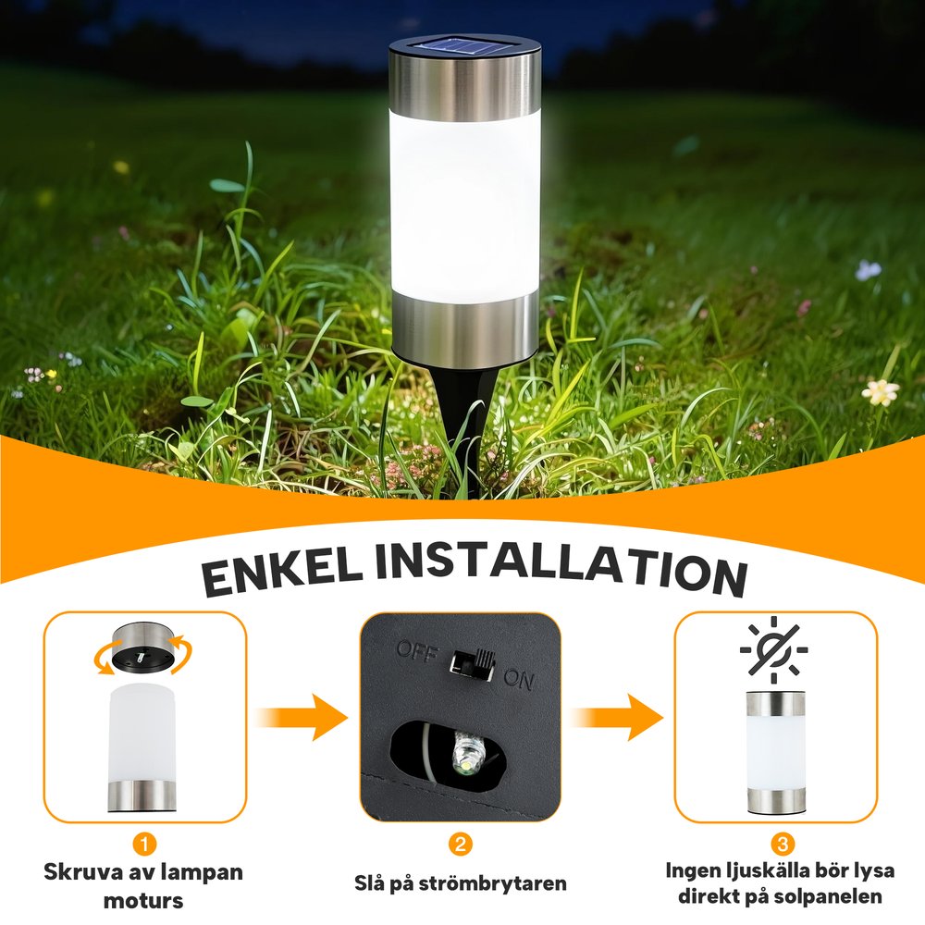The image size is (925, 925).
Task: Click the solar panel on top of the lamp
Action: point(464,46)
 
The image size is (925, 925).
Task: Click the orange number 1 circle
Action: point(144,845)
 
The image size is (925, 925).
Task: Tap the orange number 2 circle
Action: point(461,845)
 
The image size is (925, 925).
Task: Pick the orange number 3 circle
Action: point(783,844)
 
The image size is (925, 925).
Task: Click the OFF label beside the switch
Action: point(417,650)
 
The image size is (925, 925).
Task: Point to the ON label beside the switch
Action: point(519,679)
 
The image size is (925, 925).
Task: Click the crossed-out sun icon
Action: point(774,647)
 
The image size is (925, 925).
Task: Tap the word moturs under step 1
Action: point(143,901)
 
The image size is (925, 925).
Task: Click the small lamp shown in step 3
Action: point(775,751)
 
